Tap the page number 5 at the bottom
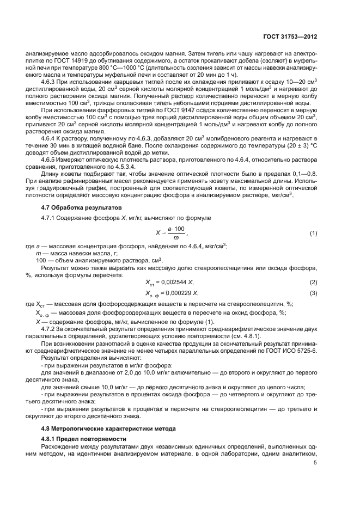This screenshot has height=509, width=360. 315,462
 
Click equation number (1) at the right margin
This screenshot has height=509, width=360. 313,233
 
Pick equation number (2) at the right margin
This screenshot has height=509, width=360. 313,282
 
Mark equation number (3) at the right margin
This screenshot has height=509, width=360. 313,293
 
